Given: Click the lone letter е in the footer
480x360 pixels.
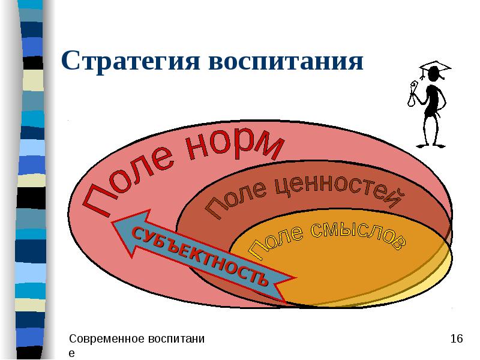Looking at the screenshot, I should click(x=71, y=353).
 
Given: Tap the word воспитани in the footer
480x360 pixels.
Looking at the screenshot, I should click(x=173, y=340).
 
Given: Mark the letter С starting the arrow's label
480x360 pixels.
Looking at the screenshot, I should click(x=137, y=232).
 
